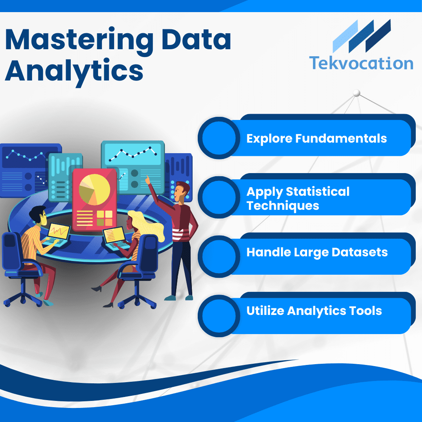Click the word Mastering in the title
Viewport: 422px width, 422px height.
tap(79, 40)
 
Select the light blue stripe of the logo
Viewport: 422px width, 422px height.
tap(345, 36)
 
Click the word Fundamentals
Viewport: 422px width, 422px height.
tap(341, 138)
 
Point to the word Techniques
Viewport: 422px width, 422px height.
tap(283, 206)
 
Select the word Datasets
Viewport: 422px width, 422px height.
tap(359, 252)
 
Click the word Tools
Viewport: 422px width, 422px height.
tap(365, 311)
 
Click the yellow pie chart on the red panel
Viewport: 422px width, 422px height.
tap(95, 190)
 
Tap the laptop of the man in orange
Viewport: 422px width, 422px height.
tap(57, 234)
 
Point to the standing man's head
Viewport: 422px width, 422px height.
tap(181, 191)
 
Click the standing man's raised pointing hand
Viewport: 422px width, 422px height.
tap(148, 180)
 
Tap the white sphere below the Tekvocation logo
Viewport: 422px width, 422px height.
tap(357, 93)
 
